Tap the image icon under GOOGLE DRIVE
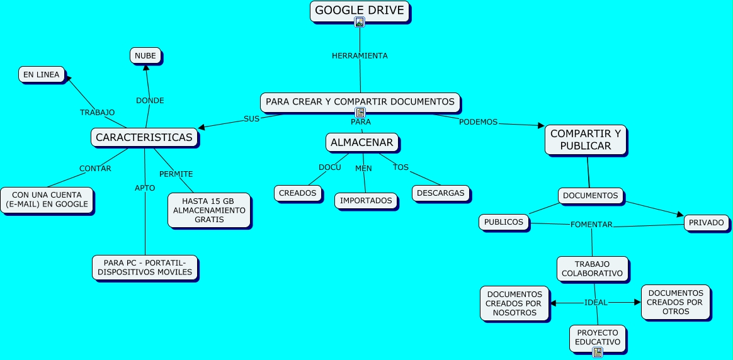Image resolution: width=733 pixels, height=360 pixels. click(x=360, y=22)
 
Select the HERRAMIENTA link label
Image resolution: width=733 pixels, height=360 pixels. click(x=360, y=55)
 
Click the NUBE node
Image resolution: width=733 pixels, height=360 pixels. click(x=145, y=55)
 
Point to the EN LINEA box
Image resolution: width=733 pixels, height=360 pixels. click(x=42, y=74)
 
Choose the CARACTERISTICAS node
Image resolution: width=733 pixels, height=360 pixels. click(x=144, y=137)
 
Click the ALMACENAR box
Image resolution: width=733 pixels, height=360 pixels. click(x=362, y=142)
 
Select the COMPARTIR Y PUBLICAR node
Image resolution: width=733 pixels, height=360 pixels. click(x=585, y=140)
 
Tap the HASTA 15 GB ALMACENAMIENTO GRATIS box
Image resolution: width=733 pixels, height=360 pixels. click(x=209, y=210)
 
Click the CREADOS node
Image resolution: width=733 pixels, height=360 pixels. click(x=297, y=193)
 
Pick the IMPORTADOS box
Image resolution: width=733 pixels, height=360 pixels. click(x=366, y=200)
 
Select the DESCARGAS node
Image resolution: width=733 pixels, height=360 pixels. click(x=441, y=193)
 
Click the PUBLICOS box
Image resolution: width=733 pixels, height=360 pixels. click(x=504, y=222)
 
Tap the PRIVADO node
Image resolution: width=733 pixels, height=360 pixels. click(x=706, y=222)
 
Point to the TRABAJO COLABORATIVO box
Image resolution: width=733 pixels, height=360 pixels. click(x=592, y=269)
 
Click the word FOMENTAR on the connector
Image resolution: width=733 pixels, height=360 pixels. click(x=591, y=225)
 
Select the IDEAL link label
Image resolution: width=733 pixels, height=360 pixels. click(x=596, y=303)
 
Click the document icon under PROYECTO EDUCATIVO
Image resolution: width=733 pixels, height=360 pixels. click(x=598, y=352)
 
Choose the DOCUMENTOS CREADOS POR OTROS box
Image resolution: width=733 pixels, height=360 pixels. click(x=675, y=302)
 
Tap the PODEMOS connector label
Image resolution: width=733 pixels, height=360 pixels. click(x=478, y=122)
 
